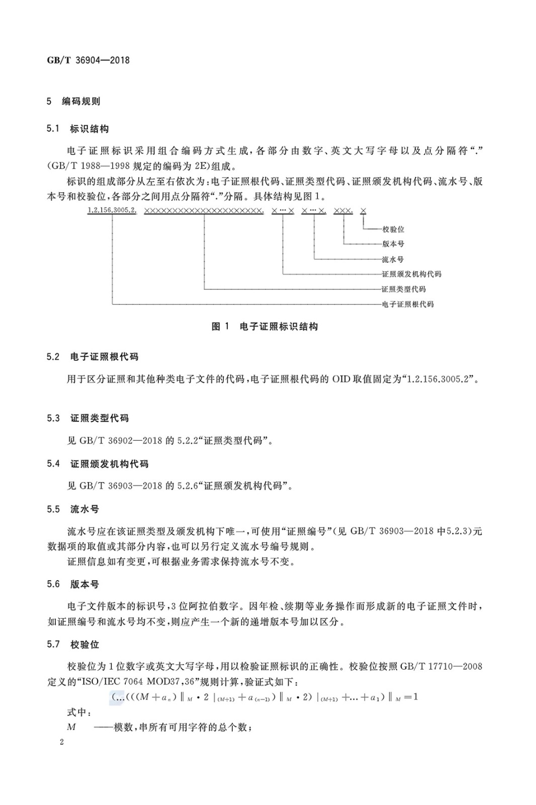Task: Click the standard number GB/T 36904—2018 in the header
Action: [88, 60]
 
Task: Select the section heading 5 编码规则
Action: [73, 101]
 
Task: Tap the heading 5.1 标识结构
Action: [77, 129]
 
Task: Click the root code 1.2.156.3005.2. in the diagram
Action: [112, 211]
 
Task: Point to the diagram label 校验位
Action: [393, 229]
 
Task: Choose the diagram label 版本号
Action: [393, 244]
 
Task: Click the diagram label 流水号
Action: [393, 260]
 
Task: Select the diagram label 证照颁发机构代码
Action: [411, 274]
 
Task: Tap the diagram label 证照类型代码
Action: [404, 289]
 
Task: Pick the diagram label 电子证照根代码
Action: [408, 304]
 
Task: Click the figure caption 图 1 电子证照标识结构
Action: [264, 327]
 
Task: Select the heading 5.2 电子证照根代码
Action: [93, 357]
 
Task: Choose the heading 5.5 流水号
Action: [73, 509]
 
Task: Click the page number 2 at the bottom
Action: [61, 743]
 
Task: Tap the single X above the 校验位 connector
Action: [363, 211]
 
